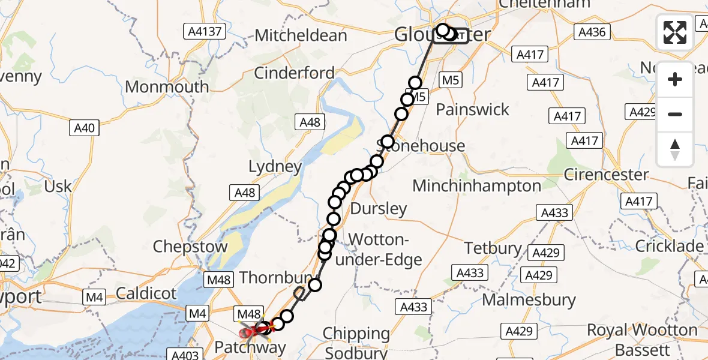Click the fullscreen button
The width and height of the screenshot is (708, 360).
pyautogui.click(x=675, y=32)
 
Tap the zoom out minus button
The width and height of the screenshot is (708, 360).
pyautogui.click(x=675, y=115)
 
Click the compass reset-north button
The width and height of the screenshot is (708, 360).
pyautogui.click(x=675, y=149)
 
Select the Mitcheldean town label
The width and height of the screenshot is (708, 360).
pyautogui.click(x=301, y=35)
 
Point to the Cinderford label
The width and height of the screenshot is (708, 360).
pyautogui.click(x=294, y=73)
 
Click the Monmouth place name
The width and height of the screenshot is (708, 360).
pyautogui.click(x=167, y=86)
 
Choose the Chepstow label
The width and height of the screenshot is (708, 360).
pyautogui.click(x=190, y=247)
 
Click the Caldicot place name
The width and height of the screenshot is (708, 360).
pyautogui.click(x=146, y=294)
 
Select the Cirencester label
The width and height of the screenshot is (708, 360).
pyautogui.click(x=607, y=175)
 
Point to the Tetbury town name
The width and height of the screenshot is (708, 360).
pyautogui.click(x=493, y=248)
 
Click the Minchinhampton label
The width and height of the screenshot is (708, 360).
pyautogui.click(x=476, y=186)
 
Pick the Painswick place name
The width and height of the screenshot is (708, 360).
pyautogui.click(x=472, y=110)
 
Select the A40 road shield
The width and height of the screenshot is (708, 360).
pyautogui.click(x=84, y=128)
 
